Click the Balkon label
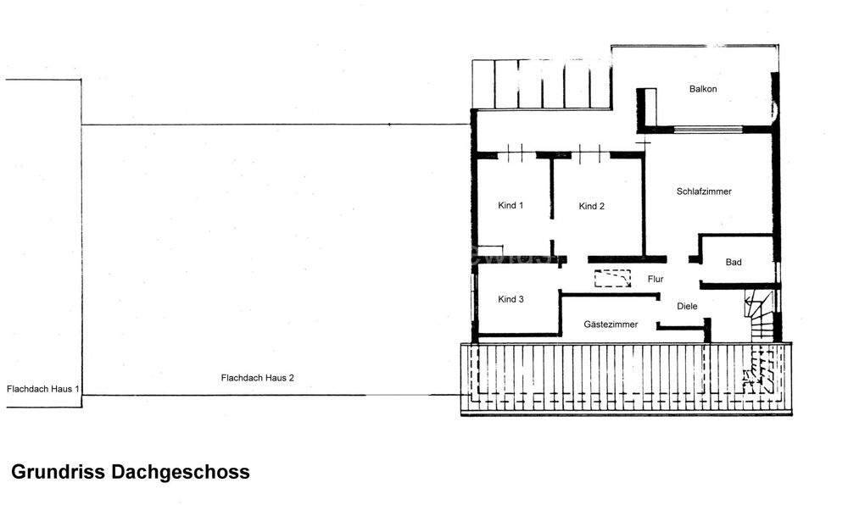click(703, 89)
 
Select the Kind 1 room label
click(510, 205)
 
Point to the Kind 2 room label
click(591, 206)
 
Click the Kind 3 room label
click(510, 299)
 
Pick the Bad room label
click(734, 263)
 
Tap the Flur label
click(655, 278)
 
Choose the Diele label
click(687, 306)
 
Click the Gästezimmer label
click(610, 325)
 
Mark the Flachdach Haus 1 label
click(42, 389)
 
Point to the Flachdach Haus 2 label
click(257, 378)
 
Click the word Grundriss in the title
click(58, 472)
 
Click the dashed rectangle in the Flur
click(612, 279)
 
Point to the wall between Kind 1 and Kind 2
click(552, 203)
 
